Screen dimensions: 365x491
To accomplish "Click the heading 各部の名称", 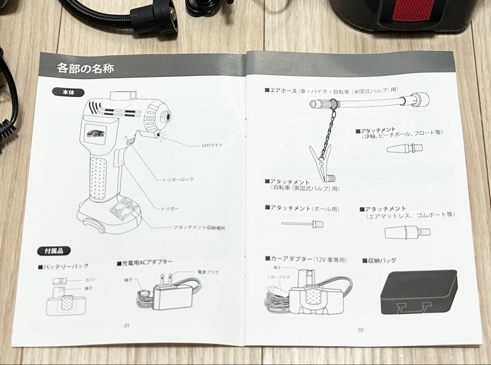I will tap(85, 68).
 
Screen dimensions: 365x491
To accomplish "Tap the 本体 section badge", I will tap(68, 92).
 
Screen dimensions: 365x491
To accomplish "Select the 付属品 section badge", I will tap(54, 251).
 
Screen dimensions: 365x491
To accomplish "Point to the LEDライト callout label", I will tap(212, 146).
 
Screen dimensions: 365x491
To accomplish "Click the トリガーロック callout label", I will tap(178, 179).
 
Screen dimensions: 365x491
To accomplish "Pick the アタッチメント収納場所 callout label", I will tap(199, 227).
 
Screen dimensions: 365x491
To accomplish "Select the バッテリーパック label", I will tap(63, 266).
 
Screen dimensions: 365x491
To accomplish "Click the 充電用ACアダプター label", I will tap(145, 262).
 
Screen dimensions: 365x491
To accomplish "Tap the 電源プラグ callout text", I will tap(207, 272).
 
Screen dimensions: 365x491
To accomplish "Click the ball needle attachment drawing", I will tap(302, 223).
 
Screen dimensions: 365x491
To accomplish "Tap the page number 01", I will tap(127, 325).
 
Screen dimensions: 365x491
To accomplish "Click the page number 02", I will tap(360, 330).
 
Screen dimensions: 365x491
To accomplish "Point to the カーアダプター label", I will tap(306, 259).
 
